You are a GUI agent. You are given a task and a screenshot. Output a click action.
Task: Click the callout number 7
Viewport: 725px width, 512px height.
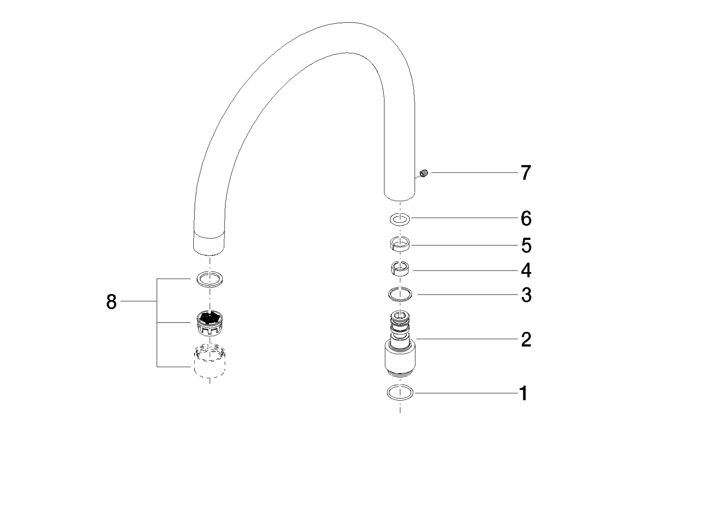pos(525,173)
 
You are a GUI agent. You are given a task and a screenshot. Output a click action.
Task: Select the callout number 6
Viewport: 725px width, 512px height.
pos(526,219)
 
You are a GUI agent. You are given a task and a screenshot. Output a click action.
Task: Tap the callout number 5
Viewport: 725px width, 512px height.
pos(526,246)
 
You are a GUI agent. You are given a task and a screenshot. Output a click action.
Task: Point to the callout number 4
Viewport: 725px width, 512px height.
pos(526,271)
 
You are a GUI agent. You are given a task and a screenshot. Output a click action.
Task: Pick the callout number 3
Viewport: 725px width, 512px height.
pos(526,295)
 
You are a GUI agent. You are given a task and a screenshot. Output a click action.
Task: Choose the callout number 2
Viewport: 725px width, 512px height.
pos(526,339)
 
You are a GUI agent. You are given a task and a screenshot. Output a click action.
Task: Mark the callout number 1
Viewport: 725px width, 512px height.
pos(523,393)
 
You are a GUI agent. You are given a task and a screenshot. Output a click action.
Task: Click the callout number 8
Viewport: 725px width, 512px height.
pos(111,302)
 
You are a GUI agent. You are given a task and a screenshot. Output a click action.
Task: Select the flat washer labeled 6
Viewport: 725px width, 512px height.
pos(400,219)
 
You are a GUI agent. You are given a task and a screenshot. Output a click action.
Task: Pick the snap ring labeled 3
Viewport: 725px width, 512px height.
pos(400,295)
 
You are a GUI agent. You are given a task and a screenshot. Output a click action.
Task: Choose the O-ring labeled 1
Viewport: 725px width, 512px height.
pos(400,393)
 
